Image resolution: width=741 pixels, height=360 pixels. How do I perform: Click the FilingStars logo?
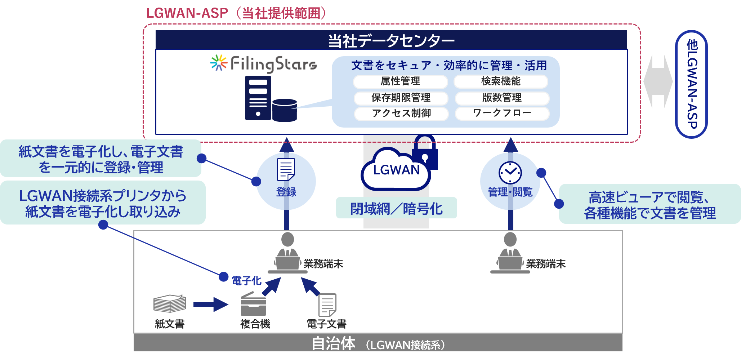click(264, 64)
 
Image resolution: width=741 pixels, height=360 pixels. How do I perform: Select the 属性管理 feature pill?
click(400, 81)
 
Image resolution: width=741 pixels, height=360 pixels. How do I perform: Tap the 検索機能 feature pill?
click(501, 81)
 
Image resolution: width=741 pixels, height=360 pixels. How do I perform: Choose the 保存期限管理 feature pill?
click(401, 98)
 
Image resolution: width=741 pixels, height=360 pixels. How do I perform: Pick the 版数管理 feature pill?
click(502, 98)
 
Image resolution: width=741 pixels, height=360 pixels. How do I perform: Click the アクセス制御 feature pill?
click(401, 114)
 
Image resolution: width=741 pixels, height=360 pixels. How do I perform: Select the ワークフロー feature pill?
click(502, 113)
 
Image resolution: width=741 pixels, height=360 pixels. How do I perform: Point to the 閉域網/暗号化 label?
click(396, 209)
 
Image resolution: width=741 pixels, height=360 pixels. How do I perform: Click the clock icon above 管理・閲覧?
click(510, 173)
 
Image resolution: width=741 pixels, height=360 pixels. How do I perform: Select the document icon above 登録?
click(286, 169)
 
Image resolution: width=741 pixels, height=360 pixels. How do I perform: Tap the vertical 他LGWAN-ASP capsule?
click(692, 84)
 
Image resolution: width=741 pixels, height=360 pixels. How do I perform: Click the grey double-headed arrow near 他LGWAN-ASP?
click(658, 81)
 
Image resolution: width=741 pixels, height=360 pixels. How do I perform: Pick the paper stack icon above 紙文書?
click(170, 304)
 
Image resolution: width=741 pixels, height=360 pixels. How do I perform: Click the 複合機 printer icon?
click(253, 304)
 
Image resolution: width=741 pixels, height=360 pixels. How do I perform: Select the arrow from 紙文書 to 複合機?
click(210, 305)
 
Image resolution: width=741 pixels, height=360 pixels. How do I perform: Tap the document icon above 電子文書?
click(327, 305)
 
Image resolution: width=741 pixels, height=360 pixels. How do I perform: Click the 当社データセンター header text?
click(391, 41)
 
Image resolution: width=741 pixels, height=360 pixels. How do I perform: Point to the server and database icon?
click(271, 99)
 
